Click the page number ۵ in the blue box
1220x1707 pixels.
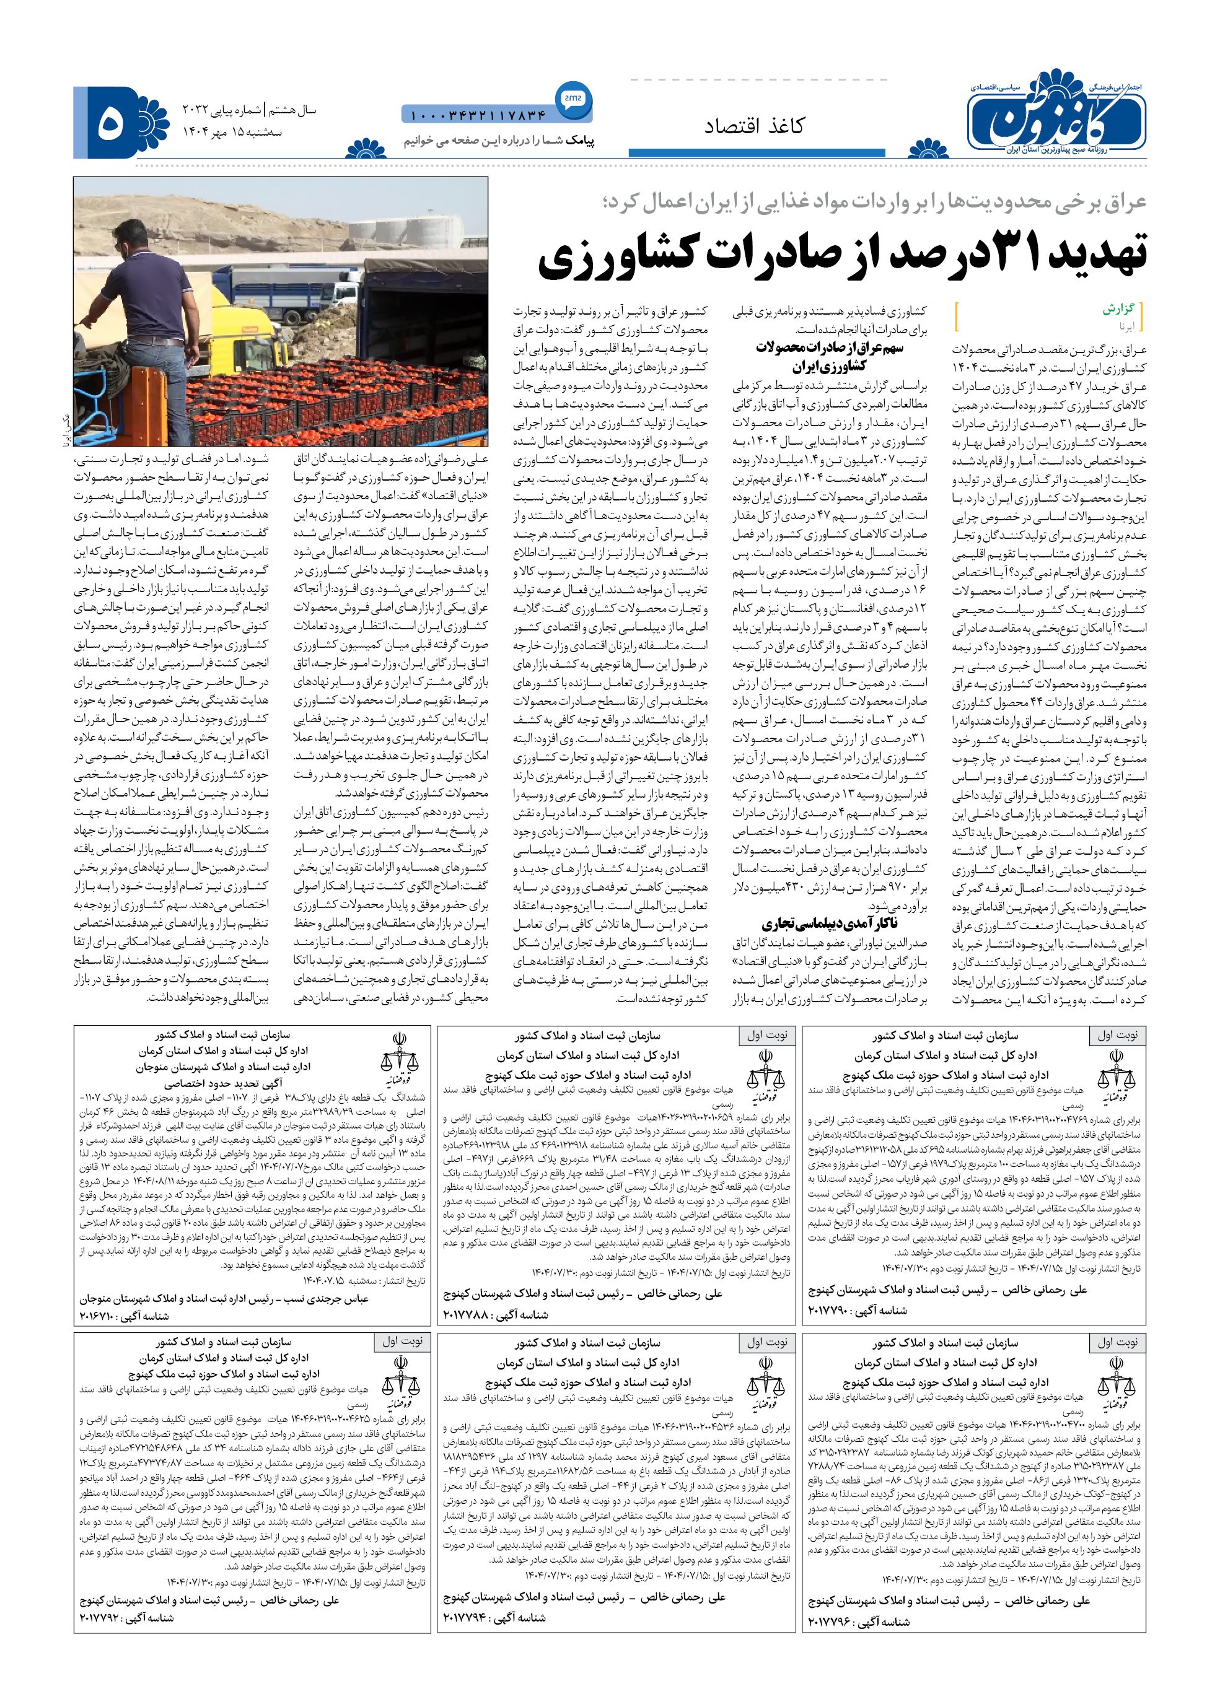click(x=110, y=123)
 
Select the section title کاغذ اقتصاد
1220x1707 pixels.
click(x=753, y=125)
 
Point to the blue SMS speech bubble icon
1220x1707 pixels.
click(x=573, y=98)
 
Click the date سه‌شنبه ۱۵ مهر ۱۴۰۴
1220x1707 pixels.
click(x=232, y=131)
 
